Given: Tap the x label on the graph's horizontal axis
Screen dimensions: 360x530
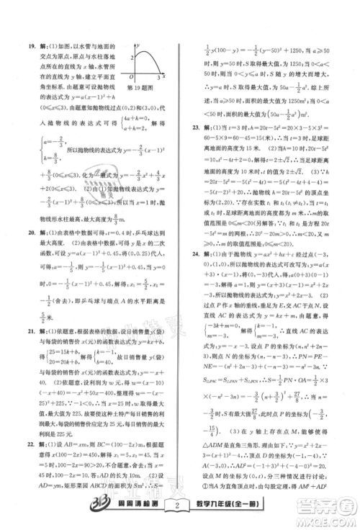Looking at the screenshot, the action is [x=165, y=74].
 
